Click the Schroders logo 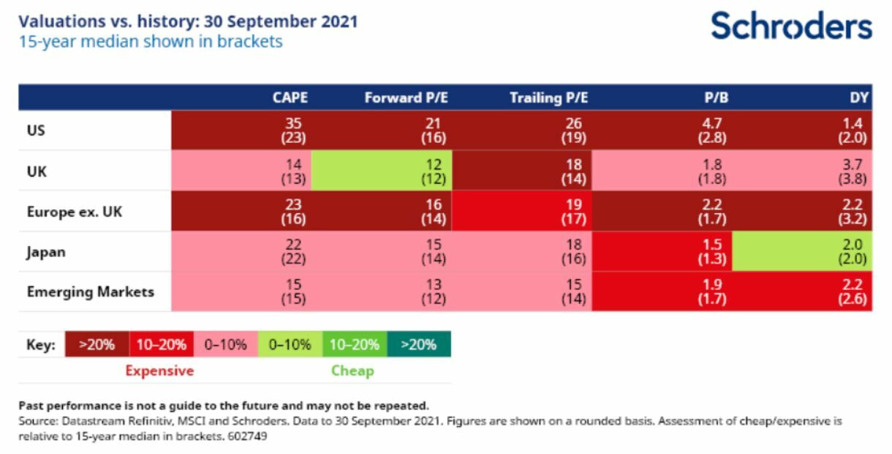point(791,26)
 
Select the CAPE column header point(290,97)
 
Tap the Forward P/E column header point(407,97)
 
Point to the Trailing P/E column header point(549,97)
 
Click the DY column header point(859,97)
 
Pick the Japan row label point(46,252)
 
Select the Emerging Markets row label point(91,291)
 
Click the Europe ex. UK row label point(75,212)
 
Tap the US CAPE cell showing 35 point(241,130)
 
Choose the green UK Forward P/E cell point(382,171)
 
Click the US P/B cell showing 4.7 point(662,130)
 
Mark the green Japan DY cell point(802,251)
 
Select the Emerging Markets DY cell point(802,291)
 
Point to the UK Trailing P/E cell point(522,171)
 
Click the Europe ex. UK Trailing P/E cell point(522,211)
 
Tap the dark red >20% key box point(97,344)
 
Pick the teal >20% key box point(419,344)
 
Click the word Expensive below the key point(159,371)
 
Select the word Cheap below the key point(353,371)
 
